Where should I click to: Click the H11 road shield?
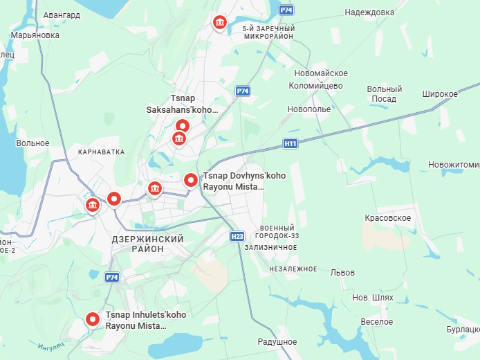(x=290, y=144)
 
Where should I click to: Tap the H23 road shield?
(x=237, y=236)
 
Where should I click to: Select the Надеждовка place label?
(x=369, y=12)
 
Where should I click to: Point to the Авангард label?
(x=62, y=15)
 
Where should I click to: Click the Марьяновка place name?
(x=35, y=35)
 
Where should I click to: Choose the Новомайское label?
(x=320, y=73)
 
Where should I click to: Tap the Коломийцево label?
(x=315, y=86)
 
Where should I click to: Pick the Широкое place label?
(x=440, y=93)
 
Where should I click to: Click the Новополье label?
(x=309, y=109)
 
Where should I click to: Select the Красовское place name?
(x=388, y=218)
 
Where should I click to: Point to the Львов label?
(x=343, y=273)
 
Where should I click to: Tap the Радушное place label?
(x=277, y=342)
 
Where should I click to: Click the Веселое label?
(x=376, y=322)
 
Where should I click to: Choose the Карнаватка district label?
(x=101, y=152)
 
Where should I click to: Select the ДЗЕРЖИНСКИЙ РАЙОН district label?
(x=147, y=244)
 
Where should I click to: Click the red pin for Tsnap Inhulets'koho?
(x=93, y=319)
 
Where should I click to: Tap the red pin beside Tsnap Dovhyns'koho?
(x=190, y=180)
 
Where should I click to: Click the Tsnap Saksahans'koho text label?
(x=182, y=104)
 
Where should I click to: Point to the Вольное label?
(x=33, y=143)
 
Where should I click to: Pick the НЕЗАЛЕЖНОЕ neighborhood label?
(x=293, y=269)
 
